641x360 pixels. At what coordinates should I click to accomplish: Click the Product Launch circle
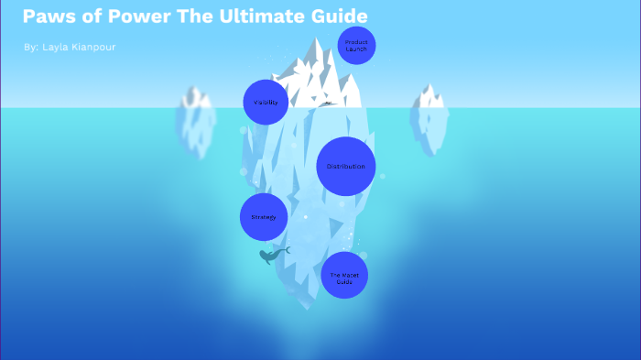pos(356,45)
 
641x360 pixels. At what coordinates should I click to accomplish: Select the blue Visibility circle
pos(266,102)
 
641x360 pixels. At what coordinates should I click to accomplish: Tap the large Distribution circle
pos(345,166)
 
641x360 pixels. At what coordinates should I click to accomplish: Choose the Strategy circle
pos(264,217)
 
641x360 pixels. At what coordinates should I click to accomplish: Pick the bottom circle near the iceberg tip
pos(344,275)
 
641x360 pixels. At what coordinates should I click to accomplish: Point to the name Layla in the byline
pos(58,47)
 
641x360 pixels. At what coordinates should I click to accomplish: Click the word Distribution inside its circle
pos(345,166)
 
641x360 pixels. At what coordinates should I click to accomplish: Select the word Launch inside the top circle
pos(356,49)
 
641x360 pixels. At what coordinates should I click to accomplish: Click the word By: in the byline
pos(31,47)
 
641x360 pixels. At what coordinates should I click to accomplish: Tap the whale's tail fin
pos(287,249)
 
